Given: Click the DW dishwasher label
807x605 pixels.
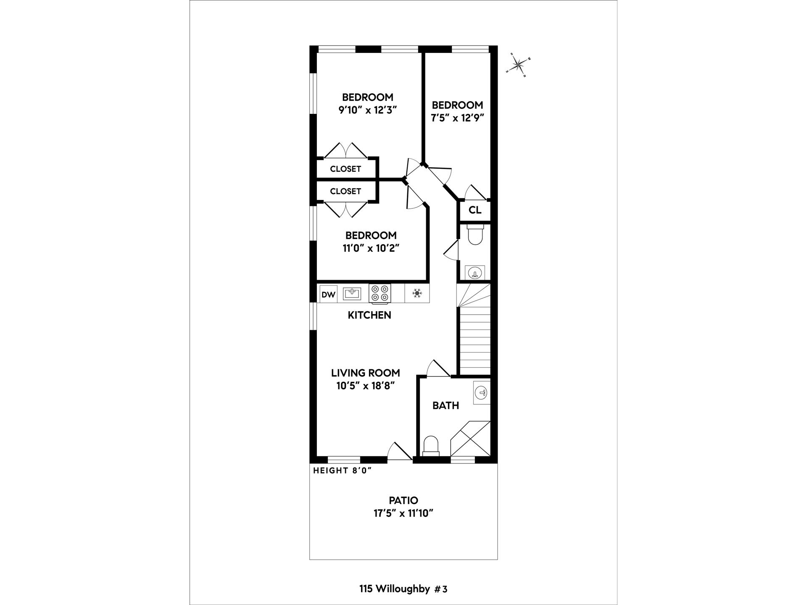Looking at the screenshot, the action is point(328,295).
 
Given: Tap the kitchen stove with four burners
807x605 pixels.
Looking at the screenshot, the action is point(380,293).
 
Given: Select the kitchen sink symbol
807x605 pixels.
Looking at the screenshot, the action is point(351,293).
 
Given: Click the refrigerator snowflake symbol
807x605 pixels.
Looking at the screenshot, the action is point(417,293).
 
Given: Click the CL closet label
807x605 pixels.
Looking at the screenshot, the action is point(475,210).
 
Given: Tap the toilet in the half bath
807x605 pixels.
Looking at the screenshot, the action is point(476,235).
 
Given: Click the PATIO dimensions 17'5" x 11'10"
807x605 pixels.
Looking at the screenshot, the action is point(403,513).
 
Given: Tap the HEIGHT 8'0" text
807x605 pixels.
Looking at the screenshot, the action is point(342,471).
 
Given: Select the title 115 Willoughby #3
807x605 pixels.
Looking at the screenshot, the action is point(403,589).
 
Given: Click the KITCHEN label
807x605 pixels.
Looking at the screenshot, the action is point(369,315).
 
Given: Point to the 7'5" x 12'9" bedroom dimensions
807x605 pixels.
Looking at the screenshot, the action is point(457,118).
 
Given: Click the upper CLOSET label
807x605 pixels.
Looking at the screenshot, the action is point(345,169).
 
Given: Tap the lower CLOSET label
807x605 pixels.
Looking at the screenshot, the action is point(345,191).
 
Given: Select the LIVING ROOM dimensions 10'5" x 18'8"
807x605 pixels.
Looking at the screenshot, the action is point(365,386).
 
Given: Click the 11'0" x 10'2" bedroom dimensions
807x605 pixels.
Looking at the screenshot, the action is point(371,248).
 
